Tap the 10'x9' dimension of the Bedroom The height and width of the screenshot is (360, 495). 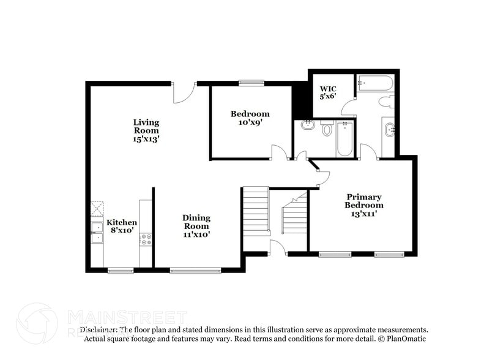pos(250,122)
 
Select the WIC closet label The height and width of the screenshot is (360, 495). pos(328,89)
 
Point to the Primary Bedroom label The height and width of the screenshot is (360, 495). pos(363,201)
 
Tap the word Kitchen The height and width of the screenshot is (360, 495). pos(122,222)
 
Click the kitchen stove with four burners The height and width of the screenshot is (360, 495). pos(146,239)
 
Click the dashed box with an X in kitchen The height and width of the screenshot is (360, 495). pos(97,209)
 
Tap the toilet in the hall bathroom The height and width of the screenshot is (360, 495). pos(327,129)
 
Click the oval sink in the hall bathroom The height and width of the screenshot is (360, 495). pos(307,126)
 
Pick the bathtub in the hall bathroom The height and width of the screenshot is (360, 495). pos(344,138)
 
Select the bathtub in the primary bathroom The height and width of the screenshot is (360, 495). pos(375,83)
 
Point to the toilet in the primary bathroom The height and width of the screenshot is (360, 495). pos(386,102)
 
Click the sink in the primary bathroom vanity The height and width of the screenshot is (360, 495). pos(389,129)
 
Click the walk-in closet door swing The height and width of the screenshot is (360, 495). pos(349,108)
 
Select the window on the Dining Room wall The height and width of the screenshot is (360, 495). pos(195,270)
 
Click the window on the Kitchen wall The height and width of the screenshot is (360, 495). pos(121,270)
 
